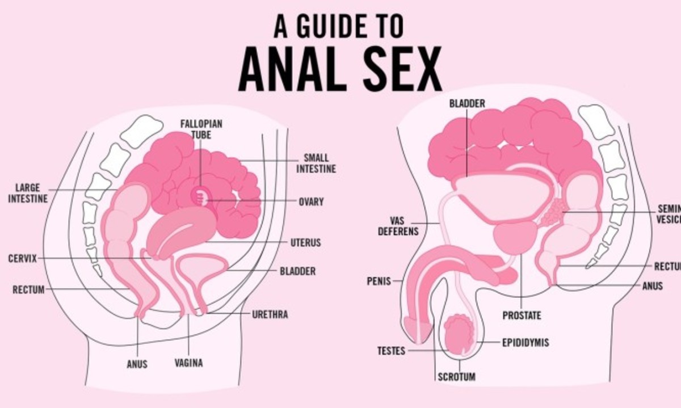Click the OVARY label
[x=311, y=201]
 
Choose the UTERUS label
[x=305, y=243]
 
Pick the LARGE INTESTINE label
[x=28, y=193]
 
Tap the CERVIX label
[x=23, y=259]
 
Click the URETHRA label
[x=270, y=314]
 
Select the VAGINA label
[x=188, y=363]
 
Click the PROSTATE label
[x=522, y=316]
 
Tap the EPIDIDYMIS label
[x=525, y=343]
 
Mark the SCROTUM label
[x=456, y=376]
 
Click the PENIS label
[x=379, y=281]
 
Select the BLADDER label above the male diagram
[x=467, y=103]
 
